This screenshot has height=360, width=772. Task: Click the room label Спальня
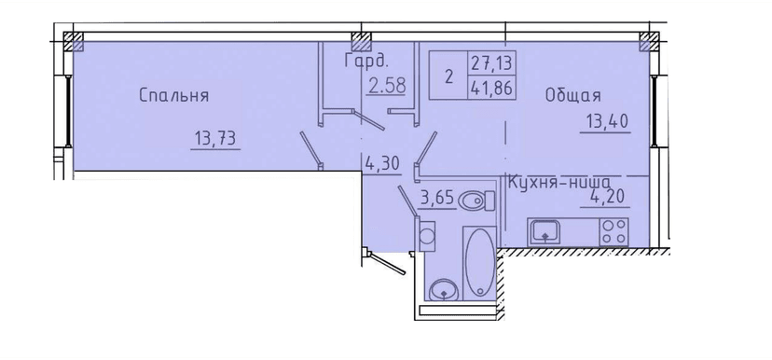click(172, 95)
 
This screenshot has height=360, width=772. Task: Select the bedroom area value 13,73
click(214, 139)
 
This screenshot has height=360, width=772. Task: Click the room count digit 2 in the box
click(448, 77)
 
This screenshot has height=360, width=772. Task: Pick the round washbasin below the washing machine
click(445, 288)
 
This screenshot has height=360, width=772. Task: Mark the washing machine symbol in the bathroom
click(426, 236)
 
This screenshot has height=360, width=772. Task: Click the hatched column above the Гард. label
click(360, 40)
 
